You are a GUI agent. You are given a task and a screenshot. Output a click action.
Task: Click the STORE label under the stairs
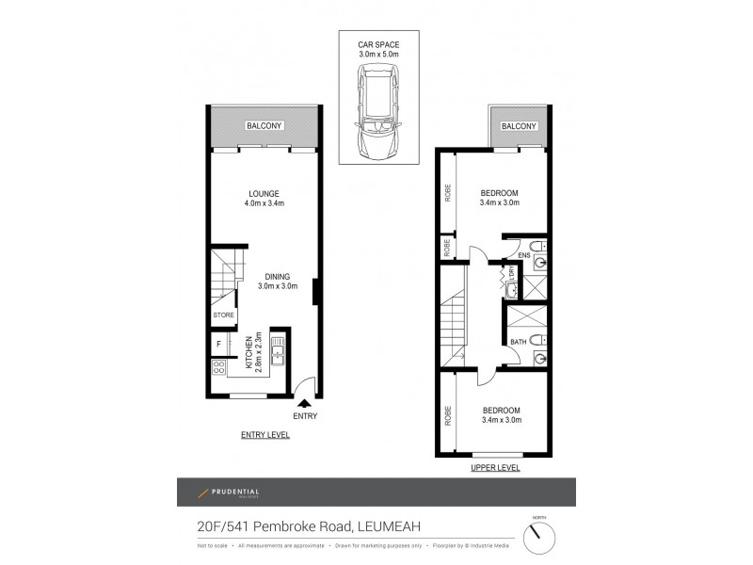(x=223, y=315)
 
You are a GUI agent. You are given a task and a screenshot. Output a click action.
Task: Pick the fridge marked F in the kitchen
(x=218, y=345)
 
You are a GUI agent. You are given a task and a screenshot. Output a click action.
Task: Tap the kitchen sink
(x=278, y=354)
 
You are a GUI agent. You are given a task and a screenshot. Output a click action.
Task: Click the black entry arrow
(x=303, y=403)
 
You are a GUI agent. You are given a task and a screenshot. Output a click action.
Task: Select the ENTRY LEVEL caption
(x=264, y=435)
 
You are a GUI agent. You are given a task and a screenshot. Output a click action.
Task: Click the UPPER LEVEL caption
(x=495, y=467)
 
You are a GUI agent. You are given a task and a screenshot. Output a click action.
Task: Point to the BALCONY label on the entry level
(x=264, y=125)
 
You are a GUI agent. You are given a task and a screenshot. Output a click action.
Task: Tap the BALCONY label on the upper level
(x=518, y=126)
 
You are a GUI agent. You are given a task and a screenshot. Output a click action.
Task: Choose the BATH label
(x=519, y=342)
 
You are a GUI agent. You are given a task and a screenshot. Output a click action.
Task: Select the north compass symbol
(x=538, y=537)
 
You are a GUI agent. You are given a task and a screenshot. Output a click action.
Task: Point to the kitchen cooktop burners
(x=218, y=368)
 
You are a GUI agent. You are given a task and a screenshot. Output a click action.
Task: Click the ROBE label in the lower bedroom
(x=447, y=414)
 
